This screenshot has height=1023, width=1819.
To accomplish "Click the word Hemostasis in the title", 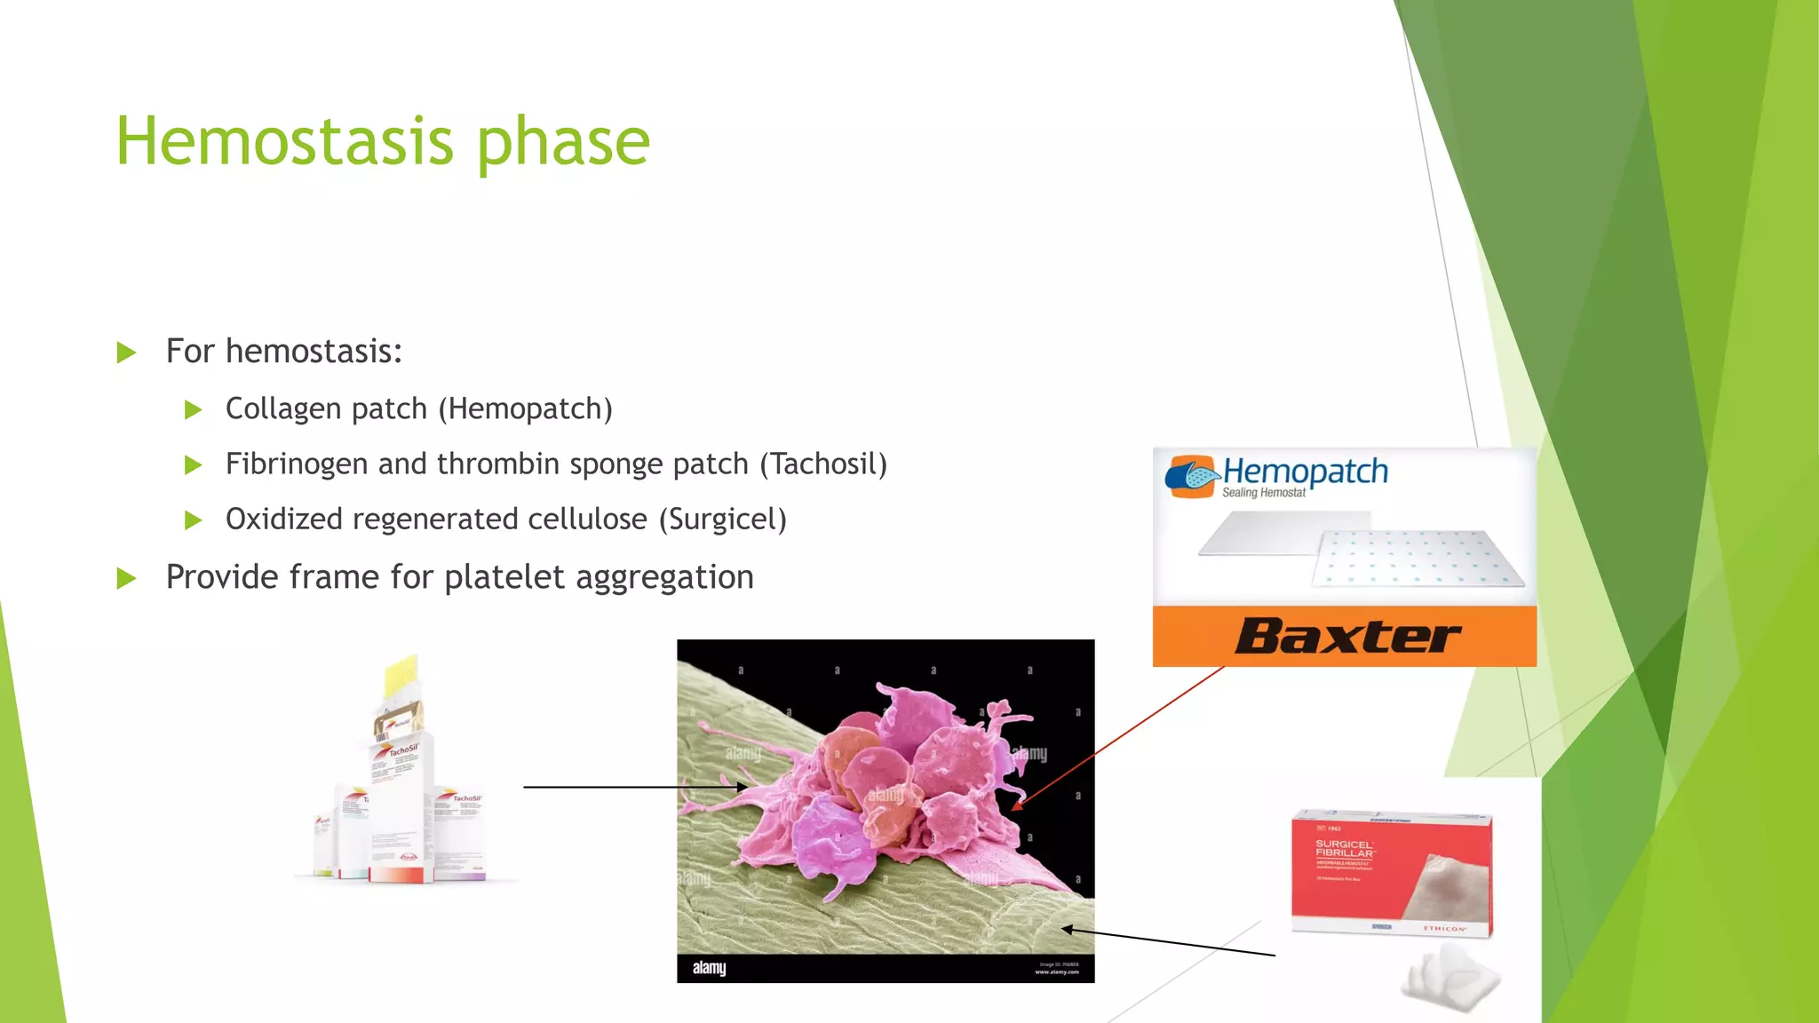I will (284, 142).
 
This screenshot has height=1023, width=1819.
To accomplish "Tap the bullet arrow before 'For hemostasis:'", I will (127, 353).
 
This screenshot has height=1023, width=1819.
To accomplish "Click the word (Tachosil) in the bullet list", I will (823, 464).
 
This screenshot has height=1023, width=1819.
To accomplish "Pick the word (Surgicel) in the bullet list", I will (722, 519).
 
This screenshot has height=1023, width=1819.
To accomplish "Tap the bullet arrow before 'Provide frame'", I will (127, 579).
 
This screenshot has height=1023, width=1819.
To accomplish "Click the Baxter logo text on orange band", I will (1346, 637).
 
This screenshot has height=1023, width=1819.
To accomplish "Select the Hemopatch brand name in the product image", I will (1305, 472).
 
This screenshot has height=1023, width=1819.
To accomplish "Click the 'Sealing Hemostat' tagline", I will (1263, 493).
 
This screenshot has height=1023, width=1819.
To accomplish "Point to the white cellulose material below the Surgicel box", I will (1450, 979).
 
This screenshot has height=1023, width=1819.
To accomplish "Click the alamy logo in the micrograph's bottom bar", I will (709, 968).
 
